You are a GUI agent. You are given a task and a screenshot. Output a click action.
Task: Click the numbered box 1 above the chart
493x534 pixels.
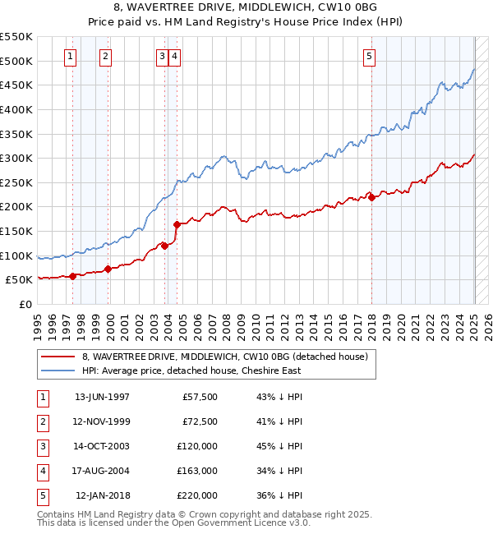coord(71,57)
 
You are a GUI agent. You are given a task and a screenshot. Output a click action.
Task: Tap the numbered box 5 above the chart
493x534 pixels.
coord(370,57)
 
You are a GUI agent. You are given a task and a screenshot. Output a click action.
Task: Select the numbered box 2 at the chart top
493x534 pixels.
coord(106,57)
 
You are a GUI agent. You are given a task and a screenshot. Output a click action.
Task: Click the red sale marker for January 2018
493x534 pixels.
coord(371,197)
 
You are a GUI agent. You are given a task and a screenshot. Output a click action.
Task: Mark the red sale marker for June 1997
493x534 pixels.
coord(72,276)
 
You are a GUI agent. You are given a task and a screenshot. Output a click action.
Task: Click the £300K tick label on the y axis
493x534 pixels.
coord(16,158)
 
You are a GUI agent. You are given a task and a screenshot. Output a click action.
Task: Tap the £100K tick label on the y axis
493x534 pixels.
coord(16,255)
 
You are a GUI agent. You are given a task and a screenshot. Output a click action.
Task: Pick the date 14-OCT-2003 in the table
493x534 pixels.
coord(102,446)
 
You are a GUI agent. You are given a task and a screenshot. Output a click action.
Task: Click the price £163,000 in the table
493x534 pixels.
coord(197,471)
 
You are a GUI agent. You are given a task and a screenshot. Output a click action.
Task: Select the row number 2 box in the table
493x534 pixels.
coord(41,421)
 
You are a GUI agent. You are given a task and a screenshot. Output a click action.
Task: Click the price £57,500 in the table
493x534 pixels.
coord(200,397)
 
